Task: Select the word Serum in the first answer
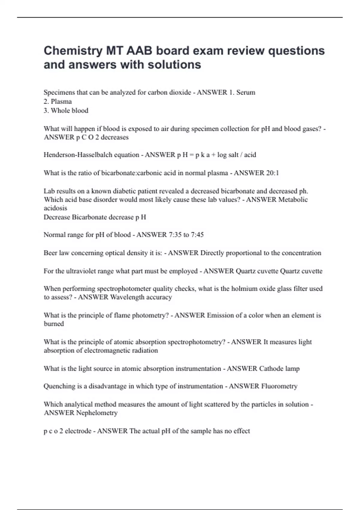246,92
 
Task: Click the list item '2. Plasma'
58,101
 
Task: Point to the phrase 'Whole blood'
70,110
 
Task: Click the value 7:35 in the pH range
173,235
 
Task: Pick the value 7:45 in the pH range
197,235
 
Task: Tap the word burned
54,324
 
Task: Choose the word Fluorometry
279,386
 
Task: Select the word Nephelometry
97,413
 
